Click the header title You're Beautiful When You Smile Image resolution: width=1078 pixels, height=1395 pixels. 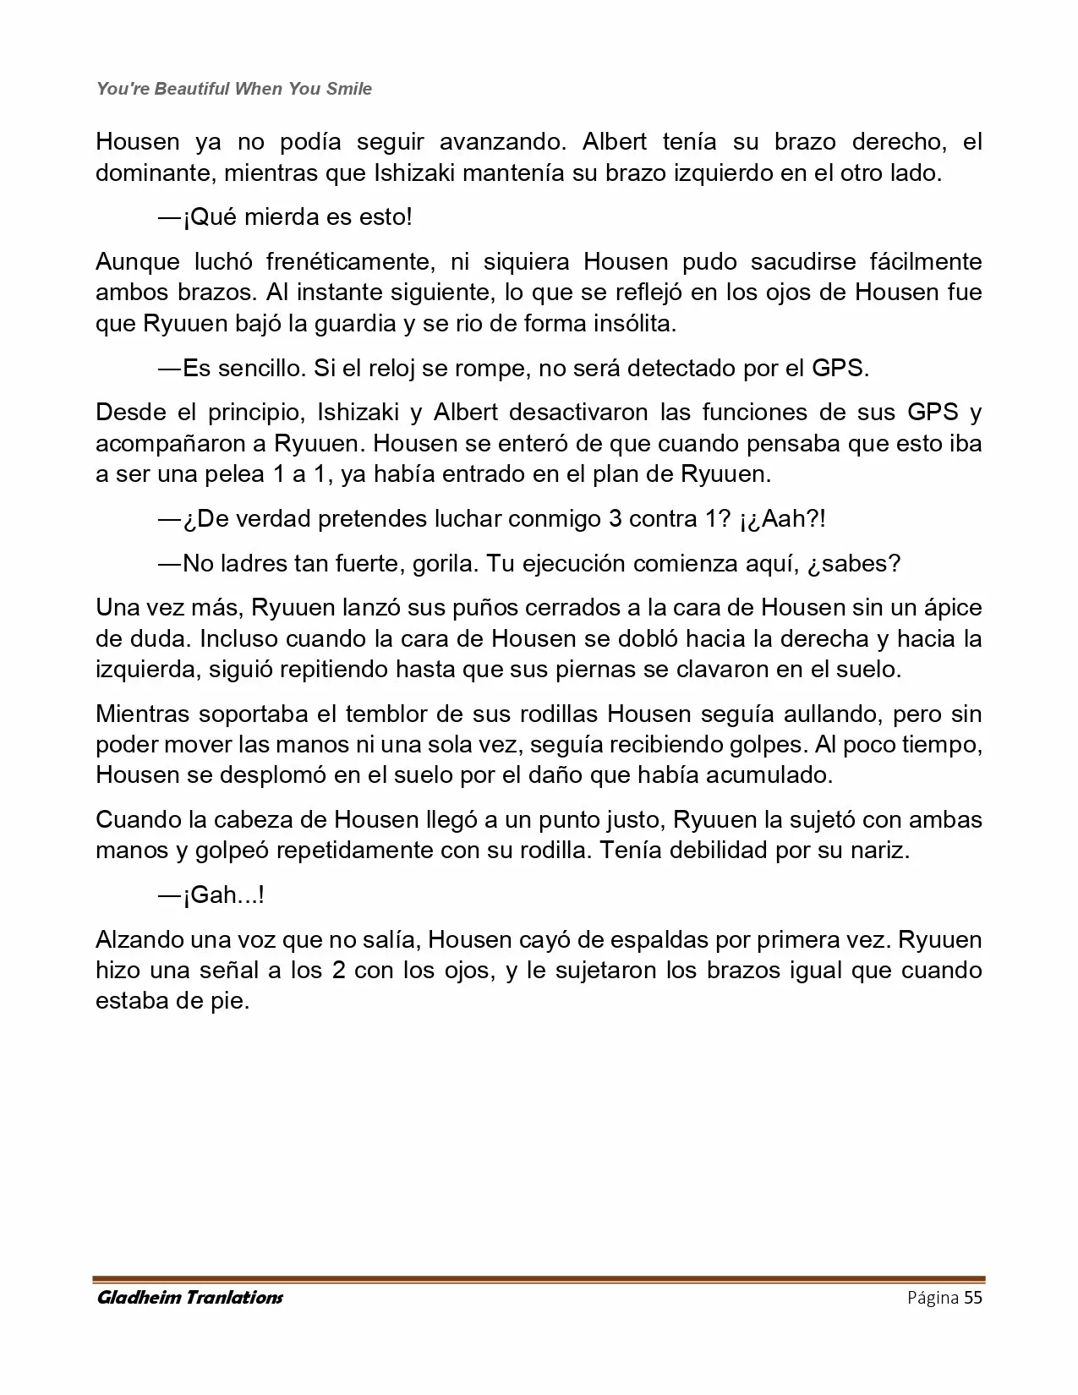[x=234, y=89]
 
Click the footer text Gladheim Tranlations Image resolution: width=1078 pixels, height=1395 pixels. [x=190, y=1297]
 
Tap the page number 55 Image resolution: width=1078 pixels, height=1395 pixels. [x=972, y=1297]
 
